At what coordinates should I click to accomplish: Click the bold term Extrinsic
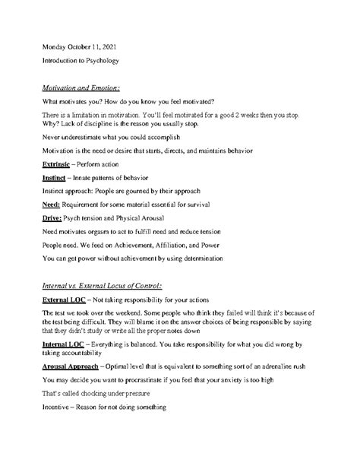click(60, 164)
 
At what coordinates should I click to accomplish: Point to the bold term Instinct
click(58, 179)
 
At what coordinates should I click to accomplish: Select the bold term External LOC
click(68, 300)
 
